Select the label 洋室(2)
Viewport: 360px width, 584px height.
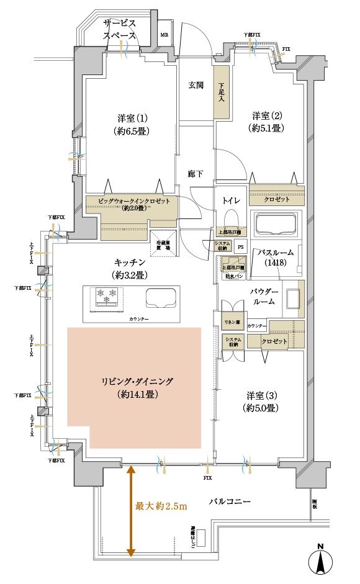point(268,115)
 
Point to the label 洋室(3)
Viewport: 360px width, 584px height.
point(261,395)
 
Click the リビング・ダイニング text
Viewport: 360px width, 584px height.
point(135,382)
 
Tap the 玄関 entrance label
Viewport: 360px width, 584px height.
point(196,86)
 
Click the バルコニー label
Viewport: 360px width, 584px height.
point(230,501)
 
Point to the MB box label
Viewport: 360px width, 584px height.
point(164,35)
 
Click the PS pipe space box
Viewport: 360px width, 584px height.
point(240,246)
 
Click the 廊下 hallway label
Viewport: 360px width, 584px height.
point(196,174)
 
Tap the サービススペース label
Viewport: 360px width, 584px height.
point(120,29)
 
